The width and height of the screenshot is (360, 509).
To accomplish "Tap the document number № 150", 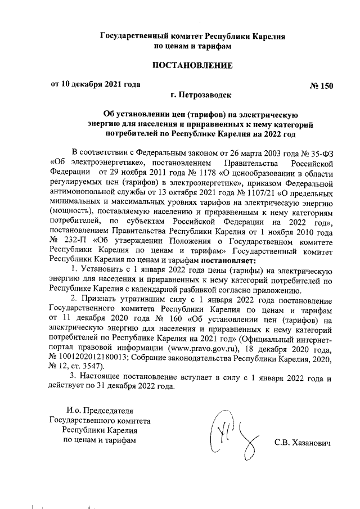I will coord(321,85).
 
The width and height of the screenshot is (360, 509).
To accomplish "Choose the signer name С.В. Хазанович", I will coord(301,440).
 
